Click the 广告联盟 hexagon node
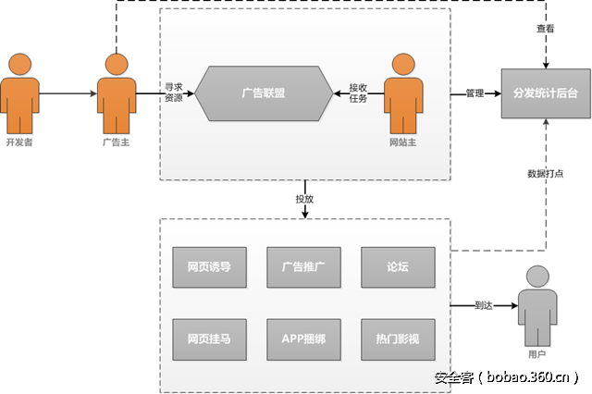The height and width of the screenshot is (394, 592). [x=263, y=92]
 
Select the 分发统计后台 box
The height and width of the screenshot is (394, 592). [x=546, y=92]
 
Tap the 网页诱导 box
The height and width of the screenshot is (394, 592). [x=209, y=266]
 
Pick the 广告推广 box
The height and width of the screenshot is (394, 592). [x=303, y=266]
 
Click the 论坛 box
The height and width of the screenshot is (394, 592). [x=398, y=266]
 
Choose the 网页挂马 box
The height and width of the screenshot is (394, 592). [x=209, y=339]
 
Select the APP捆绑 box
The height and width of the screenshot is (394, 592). [x=303, y=339]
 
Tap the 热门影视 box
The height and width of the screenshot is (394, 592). [x=398, y=339]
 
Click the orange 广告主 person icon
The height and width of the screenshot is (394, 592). [x=116, y=92]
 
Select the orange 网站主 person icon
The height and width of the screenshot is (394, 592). [x=402, y=92]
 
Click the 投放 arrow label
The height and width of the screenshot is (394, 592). [x=305, y=199]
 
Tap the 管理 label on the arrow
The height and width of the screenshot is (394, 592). [x=475, y=93]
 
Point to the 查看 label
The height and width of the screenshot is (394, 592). [x=545, y=29]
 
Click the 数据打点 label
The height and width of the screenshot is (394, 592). [x=546, y=173]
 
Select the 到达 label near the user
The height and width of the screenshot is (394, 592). [x=485, y=304]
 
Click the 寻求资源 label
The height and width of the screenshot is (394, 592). [x=174, y=92]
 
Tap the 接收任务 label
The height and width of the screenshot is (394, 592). [x=358, y=92]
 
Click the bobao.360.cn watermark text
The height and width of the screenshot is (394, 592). [x=508, y=377]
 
